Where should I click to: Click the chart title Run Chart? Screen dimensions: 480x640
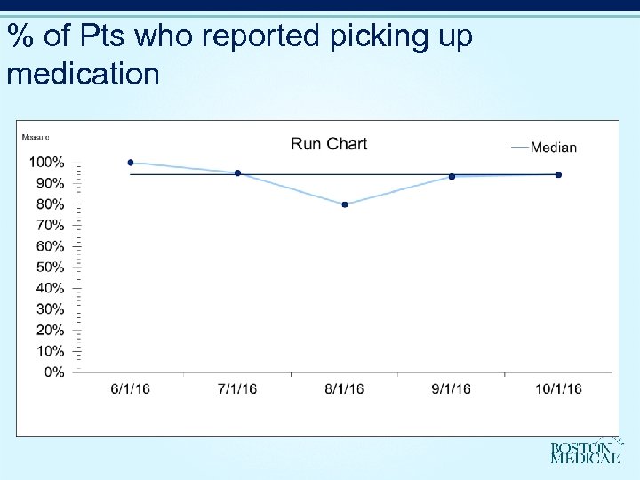tap(329, 144)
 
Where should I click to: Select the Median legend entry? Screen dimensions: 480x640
tap(544, 147)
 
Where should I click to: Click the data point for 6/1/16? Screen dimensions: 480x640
tap(131, 163)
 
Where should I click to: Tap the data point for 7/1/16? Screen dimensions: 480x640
tap(237, 173)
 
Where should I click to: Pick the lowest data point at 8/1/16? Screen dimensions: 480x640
tap(345, 204)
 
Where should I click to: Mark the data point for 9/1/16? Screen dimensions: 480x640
tap(452, 176)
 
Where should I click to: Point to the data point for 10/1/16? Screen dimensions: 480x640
tap(558, 174)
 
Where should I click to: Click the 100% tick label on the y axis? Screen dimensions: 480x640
tap(46, 162)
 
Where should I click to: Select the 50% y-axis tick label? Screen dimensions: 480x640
tap(49, 267)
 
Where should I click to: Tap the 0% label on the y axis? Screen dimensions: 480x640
tap(53, 372)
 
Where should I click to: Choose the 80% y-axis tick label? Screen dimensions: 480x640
tap(49, 204)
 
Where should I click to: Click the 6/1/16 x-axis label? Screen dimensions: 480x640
tap(131, 389)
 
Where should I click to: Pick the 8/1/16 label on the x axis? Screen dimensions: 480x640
tap(345, 389)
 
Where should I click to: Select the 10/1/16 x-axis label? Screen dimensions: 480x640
tap(558, 389)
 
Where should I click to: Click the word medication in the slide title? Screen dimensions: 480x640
tap(83, 73)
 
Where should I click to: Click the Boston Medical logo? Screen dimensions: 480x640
tap(584, 452)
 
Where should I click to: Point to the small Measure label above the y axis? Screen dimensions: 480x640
tap(36, 137)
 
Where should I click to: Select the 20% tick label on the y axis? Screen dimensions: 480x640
tap(49, 330)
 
